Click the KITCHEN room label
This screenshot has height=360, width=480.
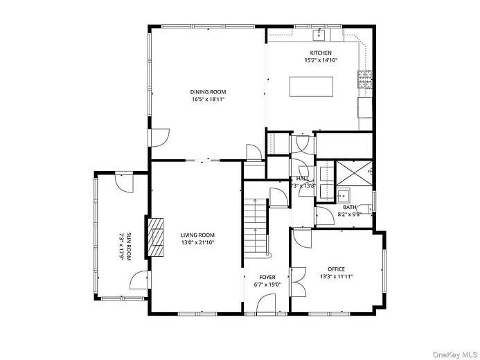tap(320, 53)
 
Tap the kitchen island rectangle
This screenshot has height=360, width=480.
tap(310, 86)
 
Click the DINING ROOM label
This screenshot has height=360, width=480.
tap(208, 91)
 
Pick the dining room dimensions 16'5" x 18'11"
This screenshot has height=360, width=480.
tap(208, 99)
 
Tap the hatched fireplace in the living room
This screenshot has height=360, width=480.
tap(157, 238)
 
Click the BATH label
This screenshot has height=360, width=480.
tap(349, 207)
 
